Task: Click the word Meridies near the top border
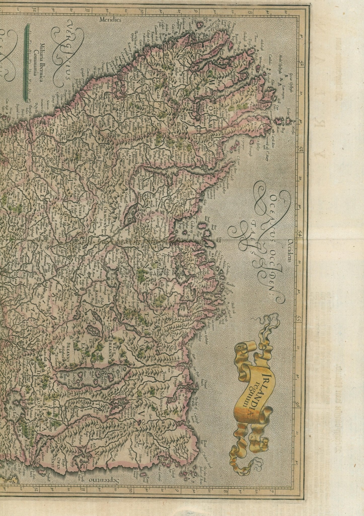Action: click(x=110, y=19)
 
